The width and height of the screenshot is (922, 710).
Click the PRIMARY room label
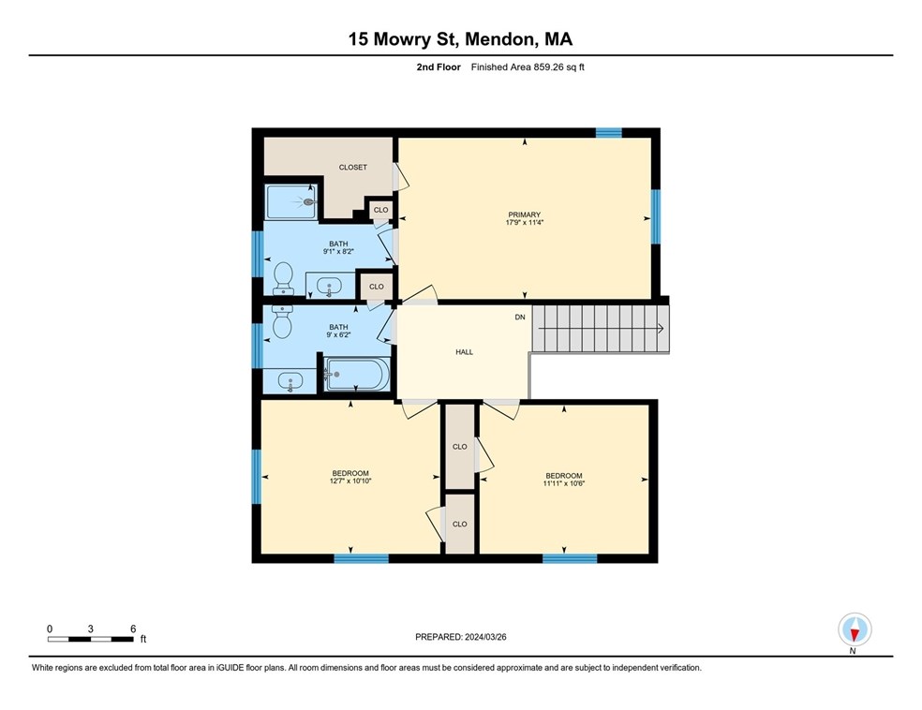click(524, 214)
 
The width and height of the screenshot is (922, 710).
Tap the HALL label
click(464, 352)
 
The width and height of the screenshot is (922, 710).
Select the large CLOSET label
click(353, 168)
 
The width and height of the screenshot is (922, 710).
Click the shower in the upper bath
click(291, 202)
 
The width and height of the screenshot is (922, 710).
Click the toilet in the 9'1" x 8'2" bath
click(283, 278)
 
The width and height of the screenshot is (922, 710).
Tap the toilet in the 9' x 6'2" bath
click(282, 322)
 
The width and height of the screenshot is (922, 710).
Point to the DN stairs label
click(520, 318)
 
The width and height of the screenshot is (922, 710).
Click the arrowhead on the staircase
click(661, 329)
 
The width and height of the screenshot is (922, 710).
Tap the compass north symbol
click(855, 629)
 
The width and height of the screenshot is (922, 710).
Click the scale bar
click(91, 639)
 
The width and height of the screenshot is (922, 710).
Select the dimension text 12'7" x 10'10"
click(350, 481)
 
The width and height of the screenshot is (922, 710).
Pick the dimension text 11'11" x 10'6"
click(564, 483)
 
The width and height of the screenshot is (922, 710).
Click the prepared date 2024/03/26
click(485, 637)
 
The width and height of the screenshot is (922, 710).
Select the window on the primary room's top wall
click(609, 132)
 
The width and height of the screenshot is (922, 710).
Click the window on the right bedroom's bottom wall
click(570, 558)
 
